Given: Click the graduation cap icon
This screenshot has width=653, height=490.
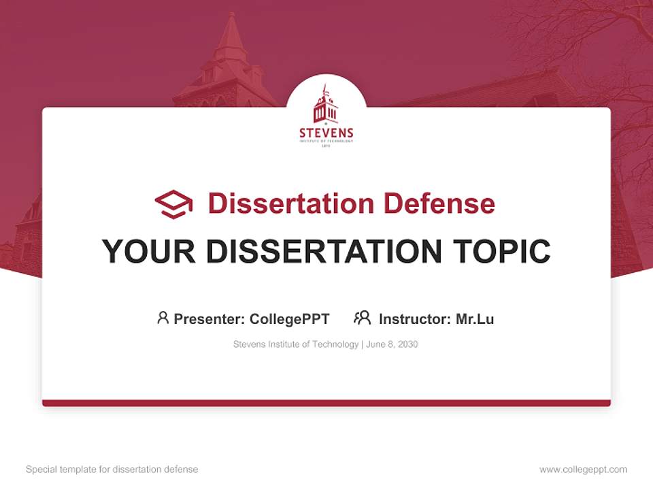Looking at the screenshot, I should point(173,204).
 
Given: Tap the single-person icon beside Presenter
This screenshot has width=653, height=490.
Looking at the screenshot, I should point(163,318).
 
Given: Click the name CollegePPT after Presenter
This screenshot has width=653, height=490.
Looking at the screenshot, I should point(289,318).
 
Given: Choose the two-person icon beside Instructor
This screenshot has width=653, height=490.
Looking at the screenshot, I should point(362,318).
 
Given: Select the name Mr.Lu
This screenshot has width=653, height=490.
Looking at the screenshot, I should point(475,318).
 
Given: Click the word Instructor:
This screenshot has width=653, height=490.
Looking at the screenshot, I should point(415,318).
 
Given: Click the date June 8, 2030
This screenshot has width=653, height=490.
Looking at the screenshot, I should point(392,344).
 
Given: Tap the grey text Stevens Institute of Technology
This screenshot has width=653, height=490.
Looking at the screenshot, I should point(296,344).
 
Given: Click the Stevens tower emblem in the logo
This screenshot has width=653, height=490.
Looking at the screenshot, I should point(326,105).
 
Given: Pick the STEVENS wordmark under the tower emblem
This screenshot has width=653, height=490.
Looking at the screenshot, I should point(326,133).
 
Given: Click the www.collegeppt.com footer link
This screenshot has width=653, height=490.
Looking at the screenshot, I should point(583,470).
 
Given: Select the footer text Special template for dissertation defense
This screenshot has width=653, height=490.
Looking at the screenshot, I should point(112,470).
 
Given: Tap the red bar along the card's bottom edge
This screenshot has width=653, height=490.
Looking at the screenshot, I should point(326,403).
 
